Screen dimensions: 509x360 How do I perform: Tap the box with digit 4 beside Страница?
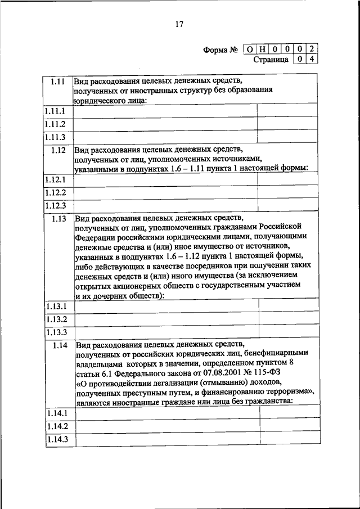pyautogui.click(x=311, y=58)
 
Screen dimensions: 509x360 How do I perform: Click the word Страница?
pyautogui.click(x=271, y=59)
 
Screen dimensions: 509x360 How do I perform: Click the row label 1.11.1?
pyautogui.click(x=56, y=111)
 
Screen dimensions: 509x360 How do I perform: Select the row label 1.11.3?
pyautogui.click(x=56, y=137)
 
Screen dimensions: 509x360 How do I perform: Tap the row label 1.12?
pyautogui.click(x=58, y=150)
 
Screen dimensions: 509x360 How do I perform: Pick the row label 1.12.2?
pyautogui.click(x=56, y=192)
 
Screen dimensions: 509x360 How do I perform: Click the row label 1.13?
pyautogui.click(x=58, y=219)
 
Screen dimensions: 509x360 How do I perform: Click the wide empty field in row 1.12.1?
pyautogui.click(x=165, y=179)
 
